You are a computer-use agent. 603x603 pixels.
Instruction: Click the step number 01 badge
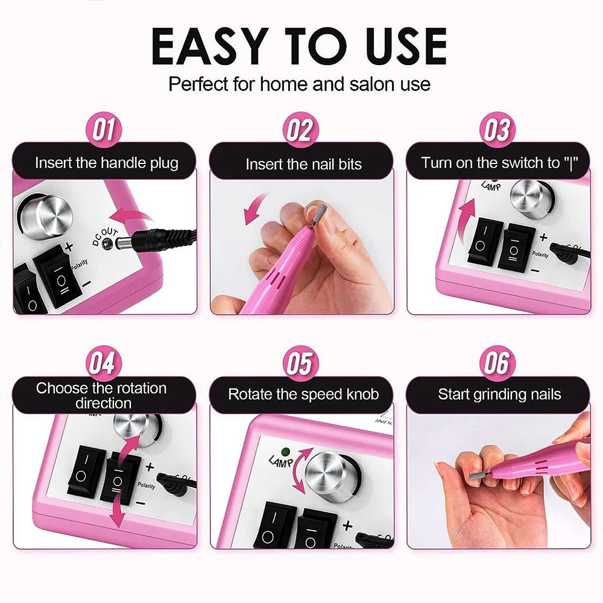coord(104,130)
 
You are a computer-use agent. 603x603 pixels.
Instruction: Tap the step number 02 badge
coord(300,130)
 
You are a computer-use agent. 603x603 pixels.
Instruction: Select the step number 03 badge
coord(496,130)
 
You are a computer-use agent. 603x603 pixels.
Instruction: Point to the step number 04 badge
coord(104,364)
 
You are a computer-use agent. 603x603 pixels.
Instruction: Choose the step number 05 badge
coord(300,364)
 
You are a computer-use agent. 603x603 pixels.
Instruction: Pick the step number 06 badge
coord(496,364)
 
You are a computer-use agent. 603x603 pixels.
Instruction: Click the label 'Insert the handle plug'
coord(107,163)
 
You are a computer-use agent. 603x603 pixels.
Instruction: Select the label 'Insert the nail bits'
coord(303,164)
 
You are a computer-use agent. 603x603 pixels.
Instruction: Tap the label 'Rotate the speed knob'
coord(303,394)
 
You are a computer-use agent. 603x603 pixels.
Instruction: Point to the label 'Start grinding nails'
coord(499,394)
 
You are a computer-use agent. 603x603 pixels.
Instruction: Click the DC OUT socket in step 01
coord(107,244)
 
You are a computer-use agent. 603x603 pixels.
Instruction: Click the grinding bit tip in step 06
coord(476,476)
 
